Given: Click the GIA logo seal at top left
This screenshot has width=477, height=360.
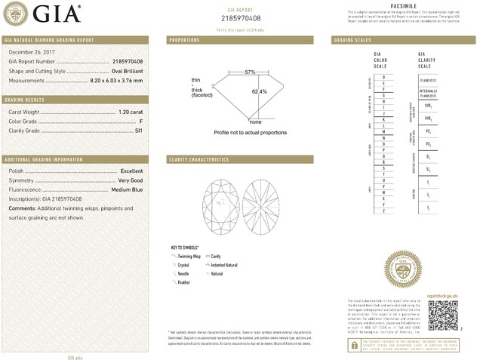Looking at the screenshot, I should pyautogui.click(x=16, y=12).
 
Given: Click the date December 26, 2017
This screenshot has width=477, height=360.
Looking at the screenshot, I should pyautogui.click(x=28, y=51).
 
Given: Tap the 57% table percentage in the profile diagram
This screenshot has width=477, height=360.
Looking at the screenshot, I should pyautogui.click(x=250, y=72).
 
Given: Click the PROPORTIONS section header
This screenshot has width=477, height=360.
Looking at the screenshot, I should pyautogui.click(x=184, y=39).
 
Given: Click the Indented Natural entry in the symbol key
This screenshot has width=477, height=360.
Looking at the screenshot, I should pyautogui.click(x=224, y=265).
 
